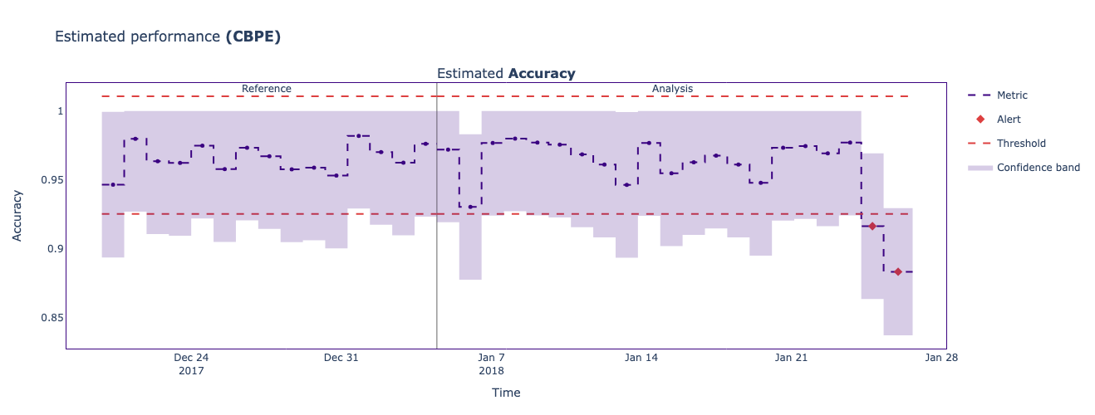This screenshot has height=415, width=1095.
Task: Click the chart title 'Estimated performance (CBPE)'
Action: (x=168, y=37)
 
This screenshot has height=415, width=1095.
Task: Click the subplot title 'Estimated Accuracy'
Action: (x=506, y=73)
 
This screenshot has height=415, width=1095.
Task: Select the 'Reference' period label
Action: (x=267, y=89)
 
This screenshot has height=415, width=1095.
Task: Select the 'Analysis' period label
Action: (x=672, y=89)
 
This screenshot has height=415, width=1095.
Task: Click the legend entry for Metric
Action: (x=1018, y=95)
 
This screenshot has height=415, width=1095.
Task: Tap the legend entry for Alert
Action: (x=1009, y=120)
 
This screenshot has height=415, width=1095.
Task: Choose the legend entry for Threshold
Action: (x=1021, y=144)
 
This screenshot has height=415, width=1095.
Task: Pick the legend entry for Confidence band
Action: (x=1038, y=168)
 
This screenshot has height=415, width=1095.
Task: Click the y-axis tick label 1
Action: (x=57, y=111)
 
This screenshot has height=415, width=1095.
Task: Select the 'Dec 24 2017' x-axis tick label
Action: (x=191, y=364)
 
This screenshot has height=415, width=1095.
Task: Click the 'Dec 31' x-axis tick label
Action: (x=341, y=358)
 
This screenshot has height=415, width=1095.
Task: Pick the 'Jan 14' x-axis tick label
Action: (x=641, y=358)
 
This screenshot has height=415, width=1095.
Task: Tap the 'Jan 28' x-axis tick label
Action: (x=941, y=358)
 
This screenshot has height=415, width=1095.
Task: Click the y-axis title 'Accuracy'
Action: (x=17, y=216)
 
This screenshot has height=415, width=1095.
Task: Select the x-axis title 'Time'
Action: (x=506, y=393)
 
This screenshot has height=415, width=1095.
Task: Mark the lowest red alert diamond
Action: (x=897, y=271)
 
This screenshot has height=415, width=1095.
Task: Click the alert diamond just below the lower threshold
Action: (x=872, y=226)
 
